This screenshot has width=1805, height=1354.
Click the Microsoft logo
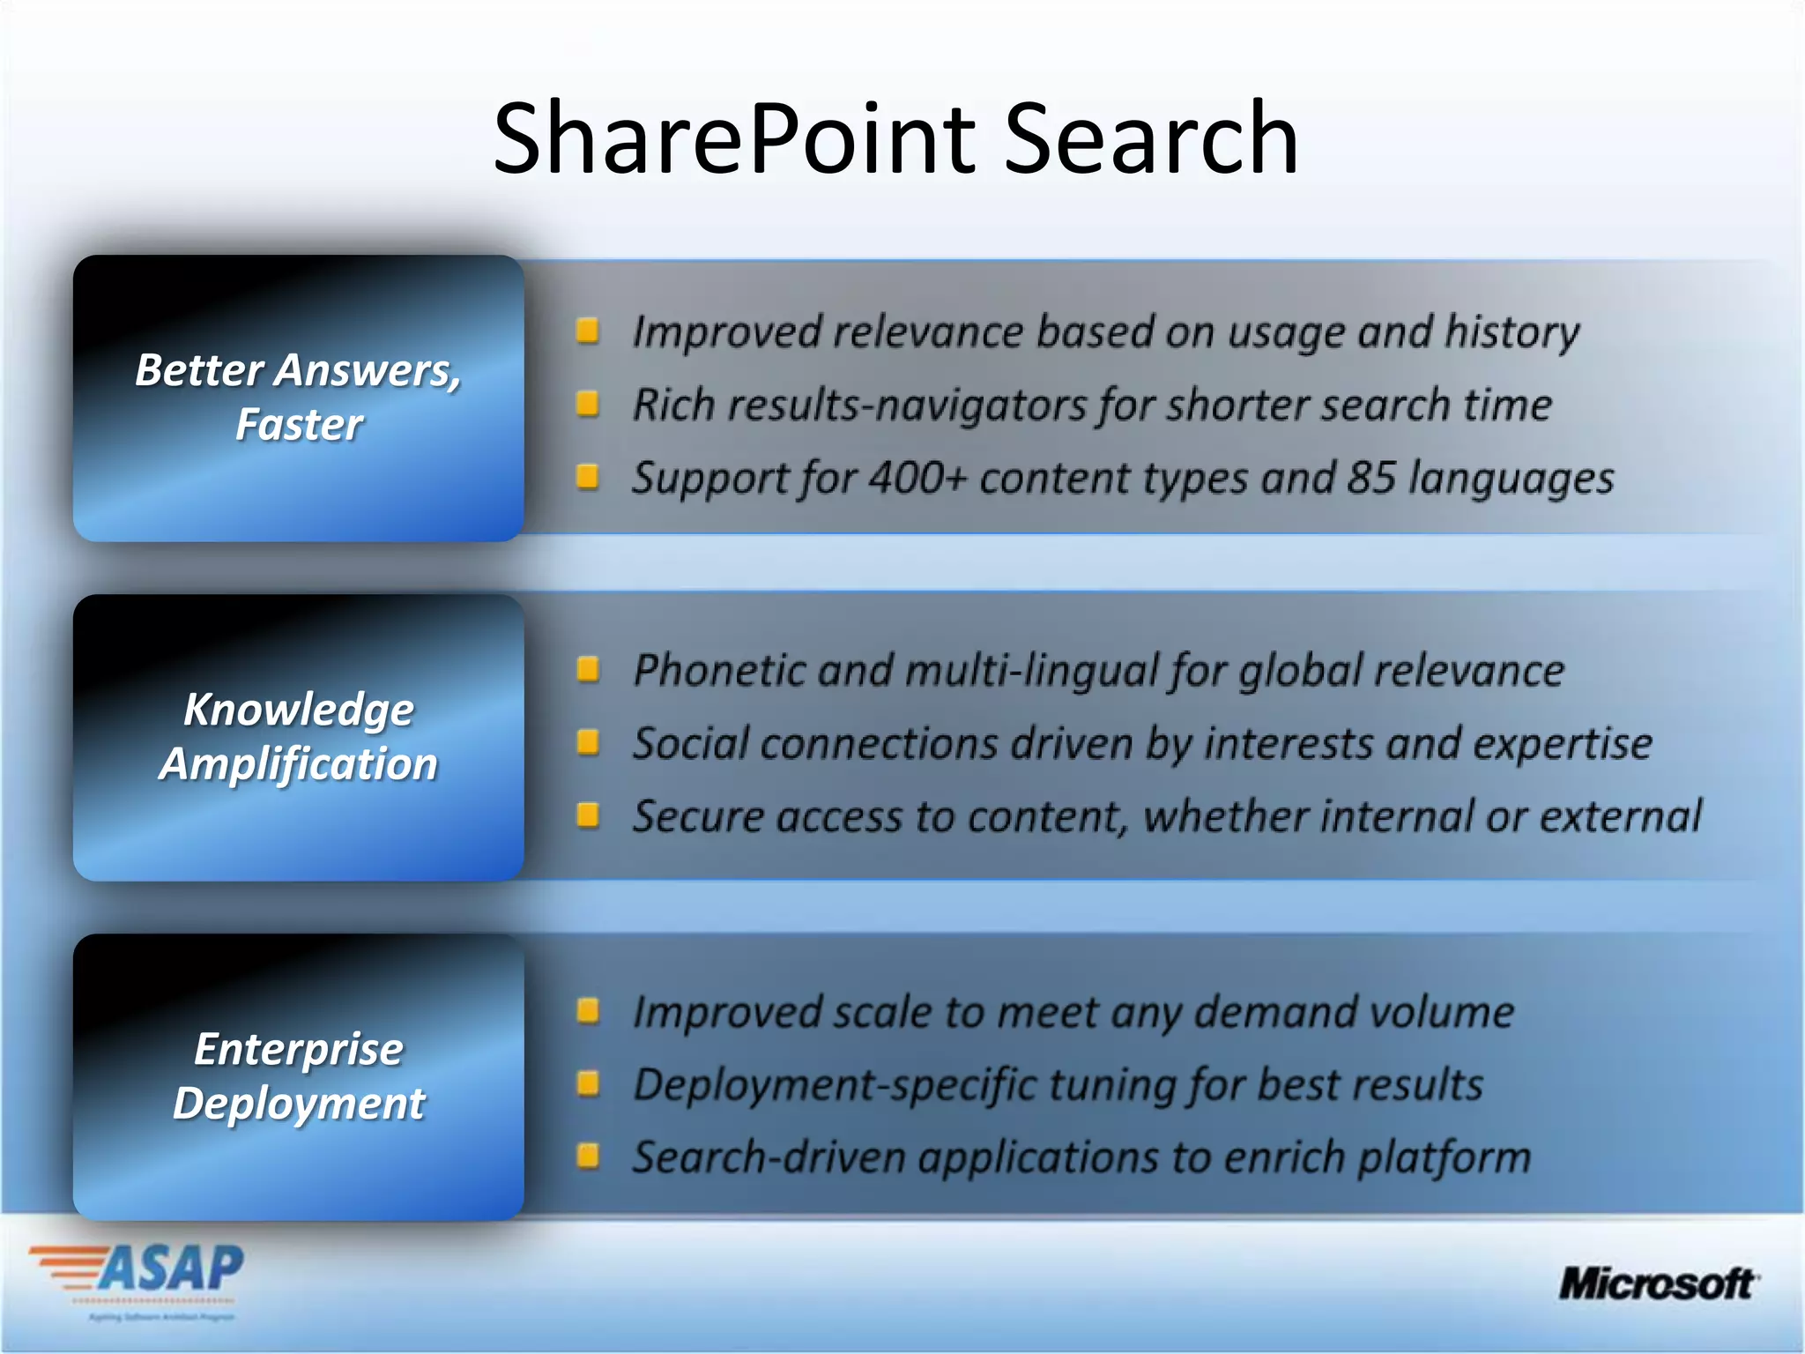1657,1283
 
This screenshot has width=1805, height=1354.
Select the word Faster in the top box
298,425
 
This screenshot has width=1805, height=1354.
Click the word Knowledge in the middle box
298,710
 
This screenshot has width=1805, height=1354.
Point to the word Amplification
298,763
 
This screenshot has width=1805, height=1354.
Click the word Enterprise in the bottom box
298,1049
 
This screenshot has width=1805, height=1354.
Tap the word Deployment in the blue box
298,1104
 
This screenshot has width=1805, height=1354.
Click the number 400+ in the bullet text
917,479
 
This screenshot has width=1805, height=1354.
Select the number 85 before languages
1371,479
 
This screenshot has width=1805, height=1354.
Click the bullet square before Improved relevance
587,331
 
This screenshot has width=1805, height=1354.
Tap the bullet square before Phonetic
587,670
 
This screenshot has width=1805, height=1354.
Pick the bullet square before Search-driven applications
587,1156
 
